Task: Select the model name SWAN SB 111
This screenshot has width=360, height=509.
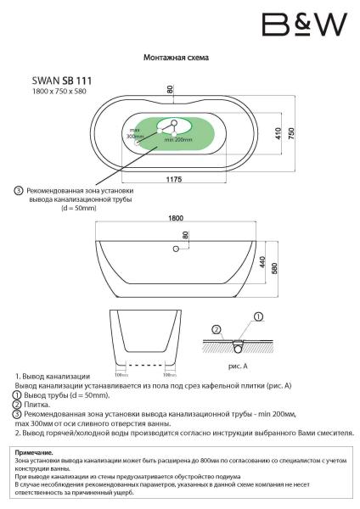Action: click(62, 80)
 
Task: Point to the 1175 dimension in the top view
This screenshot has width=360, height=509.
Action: click(175, 178)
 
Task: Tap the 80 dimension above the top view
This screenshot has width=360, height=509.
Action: click(170, 89)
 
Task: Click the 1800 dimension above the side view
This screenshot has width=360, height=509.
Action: click(176, 218)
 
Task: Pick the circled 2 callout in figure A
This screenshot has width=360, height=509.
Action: click(217, 328)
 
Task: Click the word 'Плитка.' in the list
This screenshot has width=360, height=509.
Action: click(41, 405)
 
